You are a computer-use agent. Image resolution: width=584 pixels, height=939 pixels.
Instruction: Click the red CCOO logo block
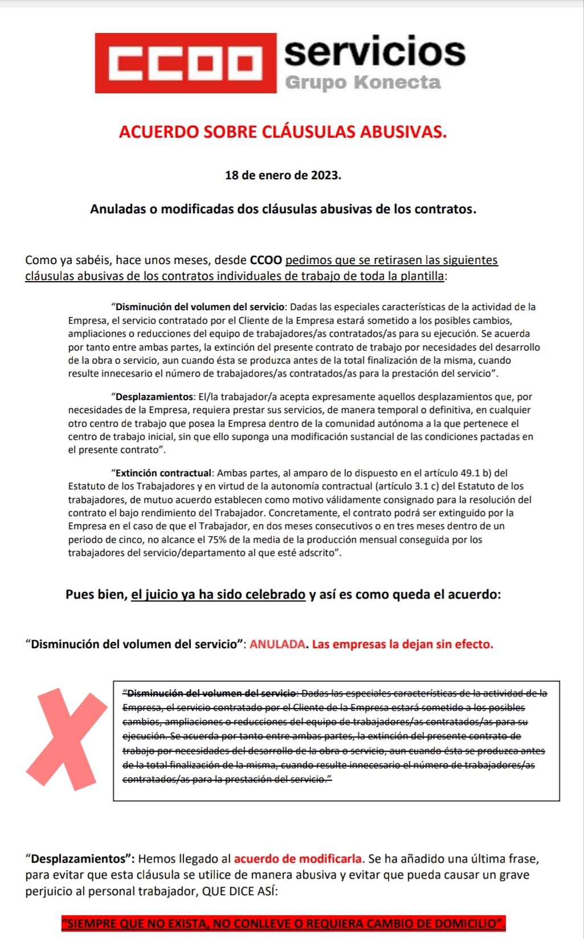[x=185, y=63]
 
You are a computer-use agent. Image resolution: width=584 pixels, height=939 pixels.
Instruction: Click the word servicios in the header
[x=374, y=52]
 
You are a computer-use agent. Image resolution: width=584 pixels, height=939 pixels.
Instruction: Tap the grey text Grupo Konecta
[x=362, y=83]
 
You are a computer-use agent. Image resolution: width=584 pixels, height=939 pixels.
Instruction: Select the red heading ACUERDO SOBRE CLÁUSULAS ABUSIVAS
[x=283, y=132]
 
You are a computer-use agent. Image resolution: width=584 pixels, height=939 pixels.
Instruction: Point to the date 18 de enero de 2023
[x=283, y=175]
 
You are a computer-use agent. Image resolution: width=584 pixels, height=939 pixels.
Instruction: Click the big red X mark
[x=67, y=738]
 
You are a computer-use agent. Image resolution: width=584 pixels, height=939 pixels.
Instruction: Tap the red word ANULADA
[x=277, y=644]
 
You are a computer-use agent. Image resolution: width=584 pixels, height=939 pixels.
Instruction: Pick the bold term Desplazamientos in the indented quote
[x=154, y=397]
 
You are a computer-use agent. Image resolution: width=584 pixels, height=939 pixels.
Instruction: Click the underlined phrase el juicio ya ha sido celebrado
[x=218, y=595]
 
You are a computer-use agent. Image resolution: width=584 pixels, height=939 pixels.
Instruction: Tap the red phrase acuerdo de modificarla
[x=298, y=859]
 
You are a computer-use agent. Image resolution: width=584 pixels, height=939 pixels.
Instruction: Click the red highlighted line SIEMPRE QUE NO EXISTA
[x=283, y=923]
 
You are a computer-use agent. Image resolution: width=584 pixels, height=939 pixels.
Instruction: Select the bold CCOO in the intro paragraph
[x=266, y=261]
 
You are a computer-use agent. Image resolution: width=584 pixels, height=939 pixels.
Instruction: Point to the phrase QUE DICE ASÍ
[x=240, y=891]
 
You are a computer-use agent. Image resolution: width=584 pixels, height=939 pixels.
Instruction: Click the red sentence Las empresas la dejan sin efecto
[x=402, y=644]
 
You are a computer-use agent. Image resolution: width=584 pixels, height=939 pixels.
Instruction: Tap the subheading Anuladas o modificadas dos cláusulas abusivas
[x=283, y=209]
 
